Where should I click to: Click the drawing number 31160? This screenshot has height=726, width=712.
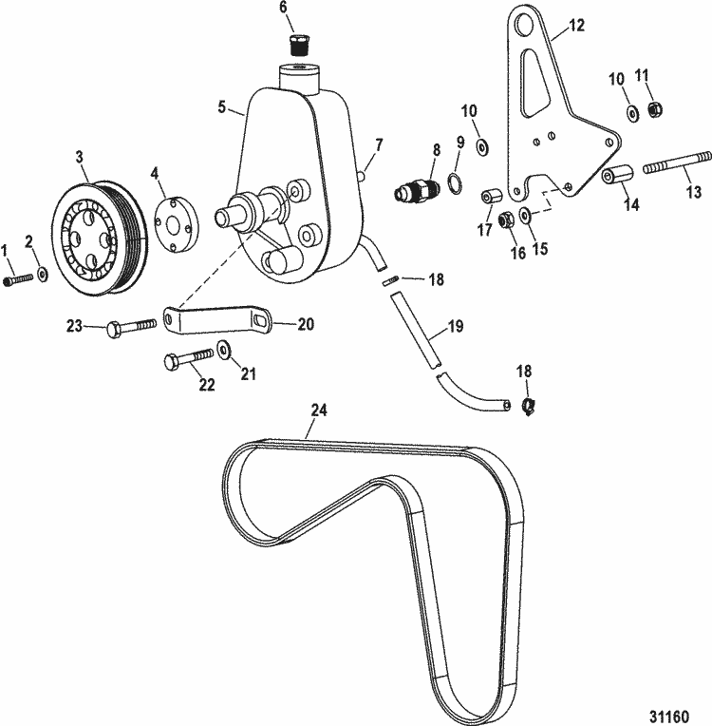click(670, 710)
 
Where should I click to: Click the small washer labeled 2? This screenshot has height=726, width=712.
click(44, 275)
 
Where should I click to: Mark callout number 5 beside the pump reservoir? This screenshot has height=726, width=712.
click(222, 107)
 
